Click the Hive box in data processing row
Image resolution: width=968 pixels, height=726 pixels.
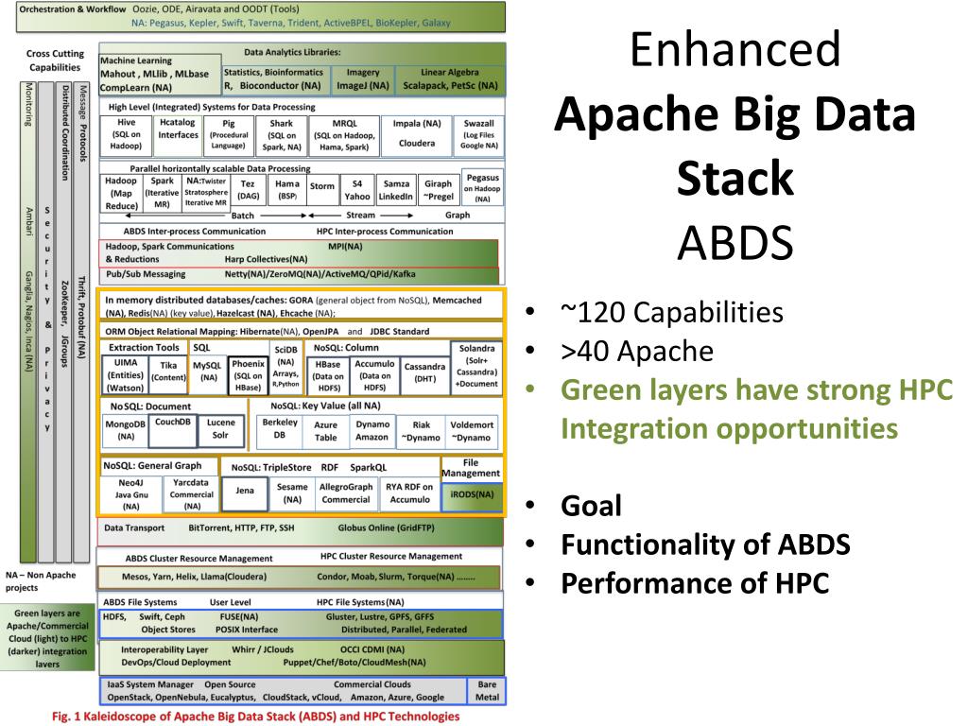click(x=127, y=135)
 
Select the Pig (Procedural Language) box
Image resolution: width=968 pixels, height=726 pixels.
click(x=228, y=135)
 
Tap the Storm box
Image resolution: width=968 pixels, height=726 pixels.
click(x=322, y=187)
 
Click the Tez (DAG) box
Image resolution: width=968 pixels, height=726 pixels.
click(x=249, y=190)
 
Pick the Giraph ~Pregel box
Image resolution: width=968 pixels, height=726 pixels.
click(x=438, y=190)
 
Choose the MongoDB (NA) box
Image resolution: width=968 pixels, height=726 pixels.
click(x=125, y=430)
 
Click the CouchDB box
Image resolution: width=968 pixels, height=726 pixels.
click(x=173, y=423)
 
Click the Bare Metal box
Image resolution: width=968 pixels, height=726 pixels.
click(x=487, y=690)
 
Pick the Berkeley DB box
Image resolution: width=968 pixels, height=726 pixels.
click(x=279, y=429)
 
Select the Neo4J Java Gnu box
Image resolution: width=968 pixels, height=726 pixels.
click(x=130, y=493)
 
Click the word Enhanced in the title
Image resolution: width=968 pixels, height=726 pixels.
click(x=735, y=49)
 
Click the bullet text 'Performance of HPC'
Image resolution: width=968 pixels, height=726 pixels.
click(x=695, y=582)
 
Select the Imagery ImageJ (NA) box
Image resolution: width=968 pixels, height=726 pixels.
click(x=363, y=78)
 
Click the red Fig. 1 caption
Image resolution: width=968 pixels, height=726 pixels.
click(x=255, y=717)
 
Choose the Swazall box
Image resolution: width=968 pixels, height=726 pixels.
click(x=479, y=135)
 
